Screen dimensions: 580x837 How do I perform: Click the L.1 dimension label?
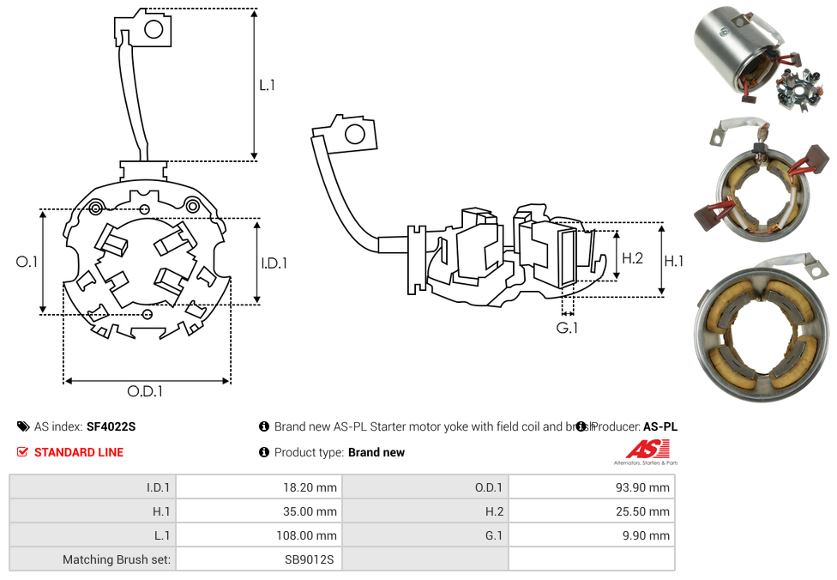pos(267,85)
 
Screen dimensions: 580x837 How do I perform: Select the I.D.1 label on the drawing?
pos(274,263)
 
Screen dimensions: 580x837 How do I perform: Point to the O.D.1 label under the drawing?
pos(145,391)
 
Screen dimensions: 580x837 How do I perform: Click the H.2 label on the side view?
pos(632,257)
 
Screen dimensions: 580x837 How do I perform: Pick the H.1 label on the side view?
pos(674,261)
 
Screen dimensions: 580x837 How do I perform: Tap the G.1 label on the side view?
pos(567,328)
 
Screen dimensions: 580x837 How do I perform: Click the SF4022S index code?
pos(111,426)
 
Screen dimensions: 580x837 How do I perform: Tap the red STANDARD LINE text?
pos(79,452)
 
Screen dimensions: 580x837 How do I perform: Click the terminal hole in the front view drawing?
pos(154,31)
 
